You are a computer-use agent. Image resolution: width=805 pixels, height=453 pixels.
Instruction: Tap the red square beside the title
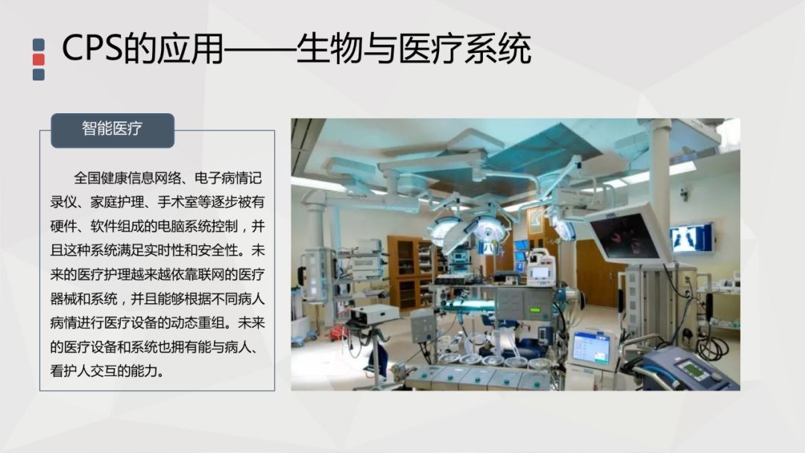coord(39,60)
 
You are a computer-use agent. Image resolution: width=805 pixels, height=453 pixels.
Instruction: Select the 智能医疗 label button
coord(112,129)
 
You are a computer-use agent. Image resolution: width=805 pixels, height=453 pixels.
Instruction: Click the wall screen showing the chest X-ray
coord(691,238)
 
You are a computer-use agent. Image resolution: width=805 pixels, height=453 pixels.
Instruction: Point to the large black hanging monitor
coord(627,233)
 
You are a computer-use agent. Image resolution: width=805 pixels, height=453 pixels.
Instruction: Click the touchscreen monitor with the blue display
coord(591,349)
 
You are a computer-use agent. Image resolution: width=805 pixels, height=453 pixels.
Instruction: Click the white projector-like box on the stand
coord(374,314)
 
